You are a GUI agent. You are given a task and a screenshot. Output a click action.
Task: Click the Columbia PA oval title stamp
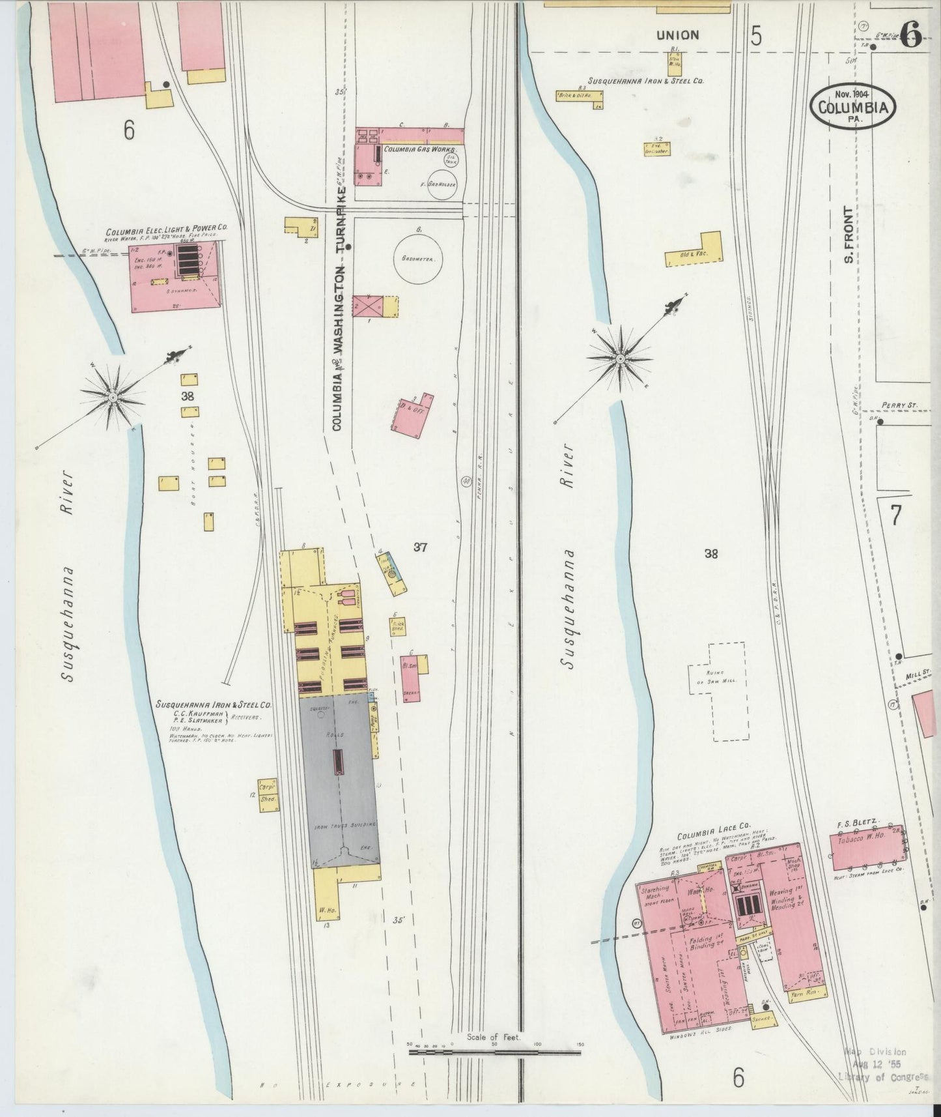tap(852, 104)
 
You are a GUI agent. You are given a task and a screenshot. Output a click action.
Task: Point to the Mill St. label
tap(919, 677)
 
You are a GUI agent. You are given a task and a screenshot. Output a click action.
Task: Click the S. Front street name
tap(849, 235)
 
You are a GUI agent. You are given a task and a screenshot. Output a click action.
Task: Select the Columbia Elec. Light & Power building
tap(175, 276)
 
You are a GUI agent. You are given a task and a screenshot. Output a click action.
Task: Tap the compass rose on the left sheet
tap(113, 396)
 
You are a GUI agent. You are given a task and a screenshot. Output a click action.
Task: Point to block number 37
tap(420, 547)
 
